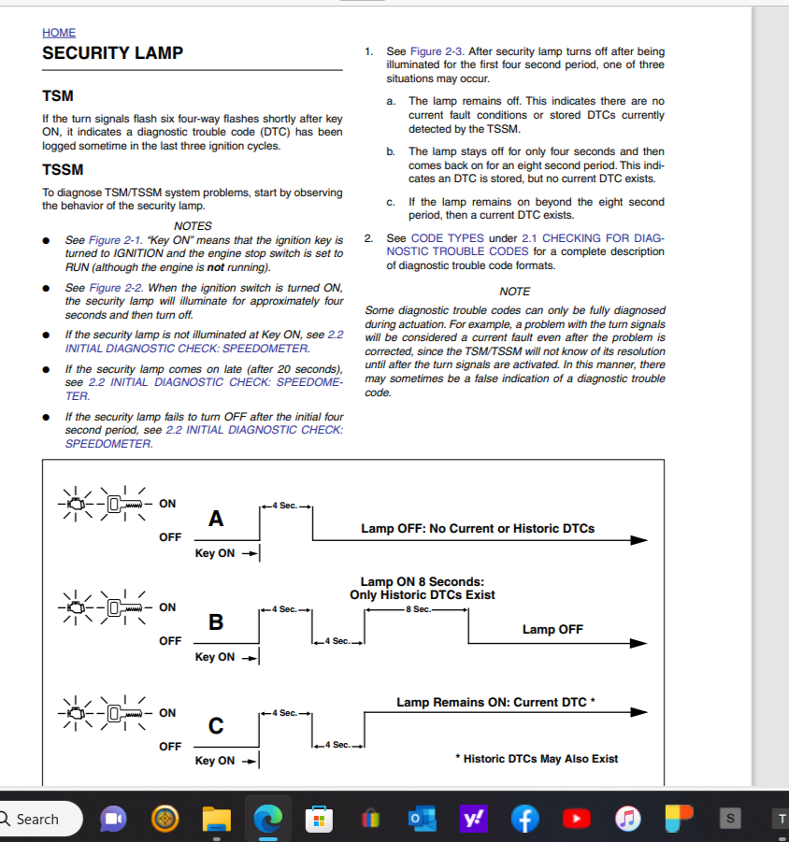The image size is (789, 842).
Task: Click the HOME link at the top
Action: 59,33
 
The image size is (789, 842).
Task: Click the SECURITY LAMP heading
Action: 112,53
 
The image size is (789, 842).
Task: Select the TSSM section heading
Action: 63,169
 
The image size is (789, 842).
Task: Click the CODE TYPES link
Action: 446,238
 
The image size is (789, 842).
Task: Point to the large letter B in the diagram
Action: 216,621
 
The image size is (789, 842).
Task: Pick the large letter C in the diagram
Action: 216,725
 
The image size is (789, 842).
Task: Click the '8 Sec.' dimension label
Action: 417,609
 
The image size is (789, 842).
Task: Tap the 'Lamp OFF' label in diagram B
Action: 552,630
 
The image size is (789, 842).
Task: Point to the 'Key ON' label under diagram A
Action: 215,553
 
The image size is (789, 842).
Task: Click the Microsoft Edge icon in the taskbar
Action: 267,819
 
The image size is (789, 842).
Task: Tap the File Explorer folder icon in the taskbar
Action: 217,819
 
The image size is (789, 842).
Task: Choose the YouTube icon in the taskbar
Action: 577,819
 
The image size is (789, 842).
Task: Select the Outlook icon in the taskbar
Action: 419,819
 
